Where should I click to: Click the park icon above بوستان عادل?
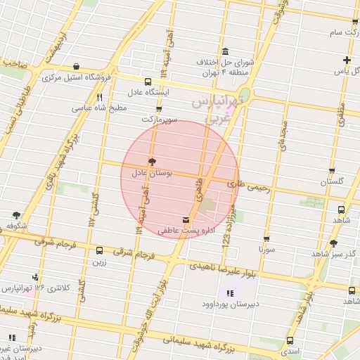151,161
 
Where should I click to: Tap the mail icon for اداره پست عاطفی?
186,219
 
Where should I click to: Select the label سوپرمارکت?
159,120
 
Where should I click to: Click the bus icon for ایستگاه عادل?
147,82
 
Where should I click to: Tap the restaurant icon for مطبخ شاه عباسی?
99,98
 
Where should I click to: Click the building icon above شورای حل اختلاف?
224,53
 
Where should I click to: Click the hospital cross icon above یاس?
346,60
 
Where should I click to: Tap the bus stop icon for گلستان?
333,171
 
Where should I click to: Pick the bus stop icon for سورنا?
266,239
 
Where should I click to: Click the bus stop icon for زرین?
99,250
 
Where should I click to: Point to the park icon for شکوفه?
16,214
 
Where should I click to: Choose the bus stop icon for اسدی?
290,340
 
